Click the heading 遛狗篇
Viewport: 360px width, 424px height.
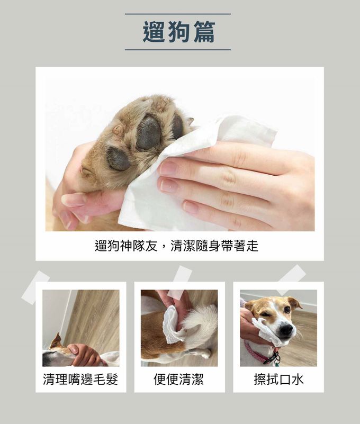coord(178,32)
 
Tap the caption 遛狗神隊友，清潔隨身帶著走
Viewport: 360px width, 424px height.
coord(177,246)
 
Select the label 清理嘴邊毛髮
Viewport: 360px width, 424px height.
coord(80,379)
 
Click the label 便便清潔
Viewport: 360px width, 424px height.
coord(179,379)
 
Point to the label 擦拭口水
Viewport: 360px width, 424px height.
coord(278,379)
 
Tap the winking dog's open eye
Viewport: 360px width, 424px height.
coord(287,309)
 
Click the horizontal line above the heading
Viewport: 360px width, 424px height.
coord(178,14)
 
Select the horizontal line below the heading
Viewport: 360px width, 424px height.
coord(178,50)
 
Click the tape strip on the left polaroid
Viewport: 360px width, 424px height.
coord(35,287)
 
